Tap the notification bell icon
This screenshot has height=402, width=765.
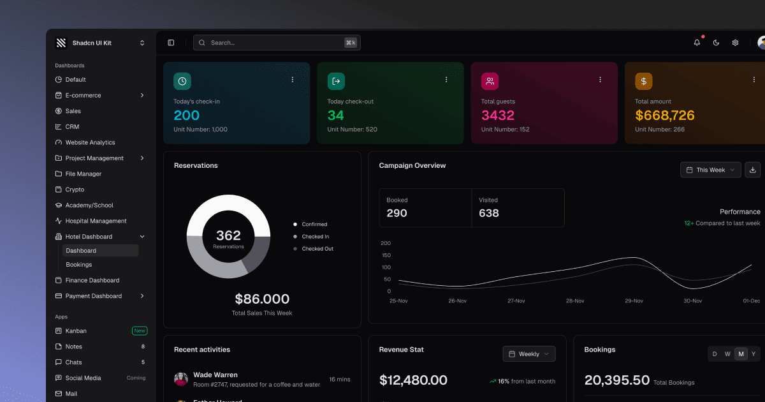click(x=697, y=43)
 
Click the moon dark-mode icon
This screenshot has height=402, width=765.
click(x=716, y=43)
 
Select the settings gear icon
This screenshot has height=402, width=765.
click(x=735, y=43)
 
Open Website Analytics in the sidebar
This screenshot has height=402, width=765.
click(x=90, y=142)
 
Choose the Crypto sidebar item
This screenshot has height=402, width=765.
click(x=75, y=190)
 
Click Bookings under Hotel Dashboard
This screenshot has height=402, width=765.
click(x=79, y=265)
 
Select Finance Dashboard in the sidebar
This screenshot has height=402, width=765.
click(x=92, y=280)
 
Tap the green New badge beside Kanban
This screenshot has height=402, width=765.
click(x=140, y=331)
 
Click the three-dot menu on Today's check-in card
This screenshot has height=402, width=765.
click(x=293, y=80)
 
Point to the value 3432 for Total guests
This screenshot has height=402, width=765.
click(x=498, y=115)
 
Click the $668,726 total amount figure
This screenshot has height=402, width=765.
click(x=665, y=115)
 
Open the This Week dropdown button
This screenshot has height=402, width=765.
click(x=710, y=170)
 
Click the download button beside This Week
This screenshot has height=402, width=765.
click(x=753, y=170)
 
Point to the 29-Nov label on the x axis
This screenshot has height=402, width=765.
click(x=634, y=301)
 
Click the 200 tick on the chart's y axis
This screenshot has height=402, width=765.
click(x=386, y=243)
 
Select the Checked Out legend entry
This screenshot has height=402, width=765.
click(x=317, y=249)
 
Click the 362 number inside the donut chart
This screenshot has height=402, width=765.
click(x=228, y=236)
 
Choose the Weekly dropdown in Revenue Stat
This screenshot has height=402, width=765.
click(x=529, y=354)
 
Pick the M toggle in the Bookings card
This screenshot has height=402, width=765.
click(x=741, y=354)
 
